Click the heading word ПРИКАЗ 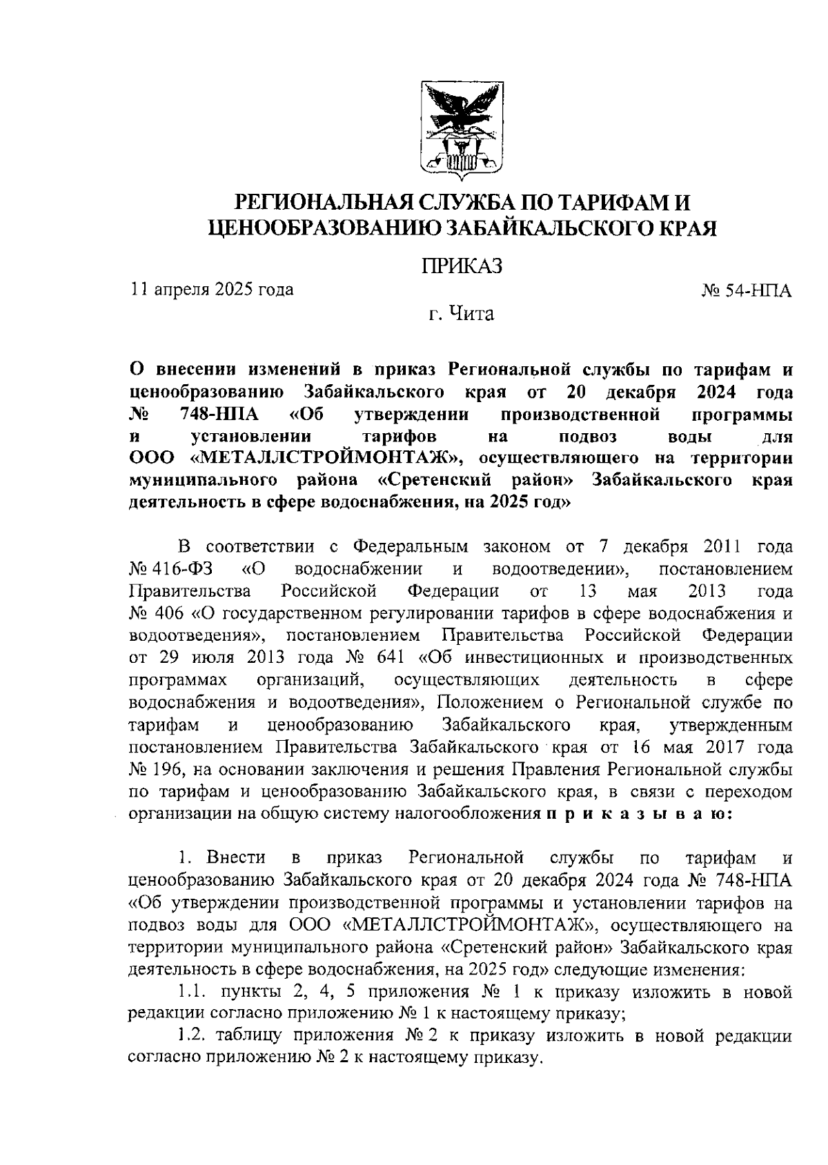462,266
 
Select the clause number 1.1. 191,993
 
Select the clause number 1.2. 191,1037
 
